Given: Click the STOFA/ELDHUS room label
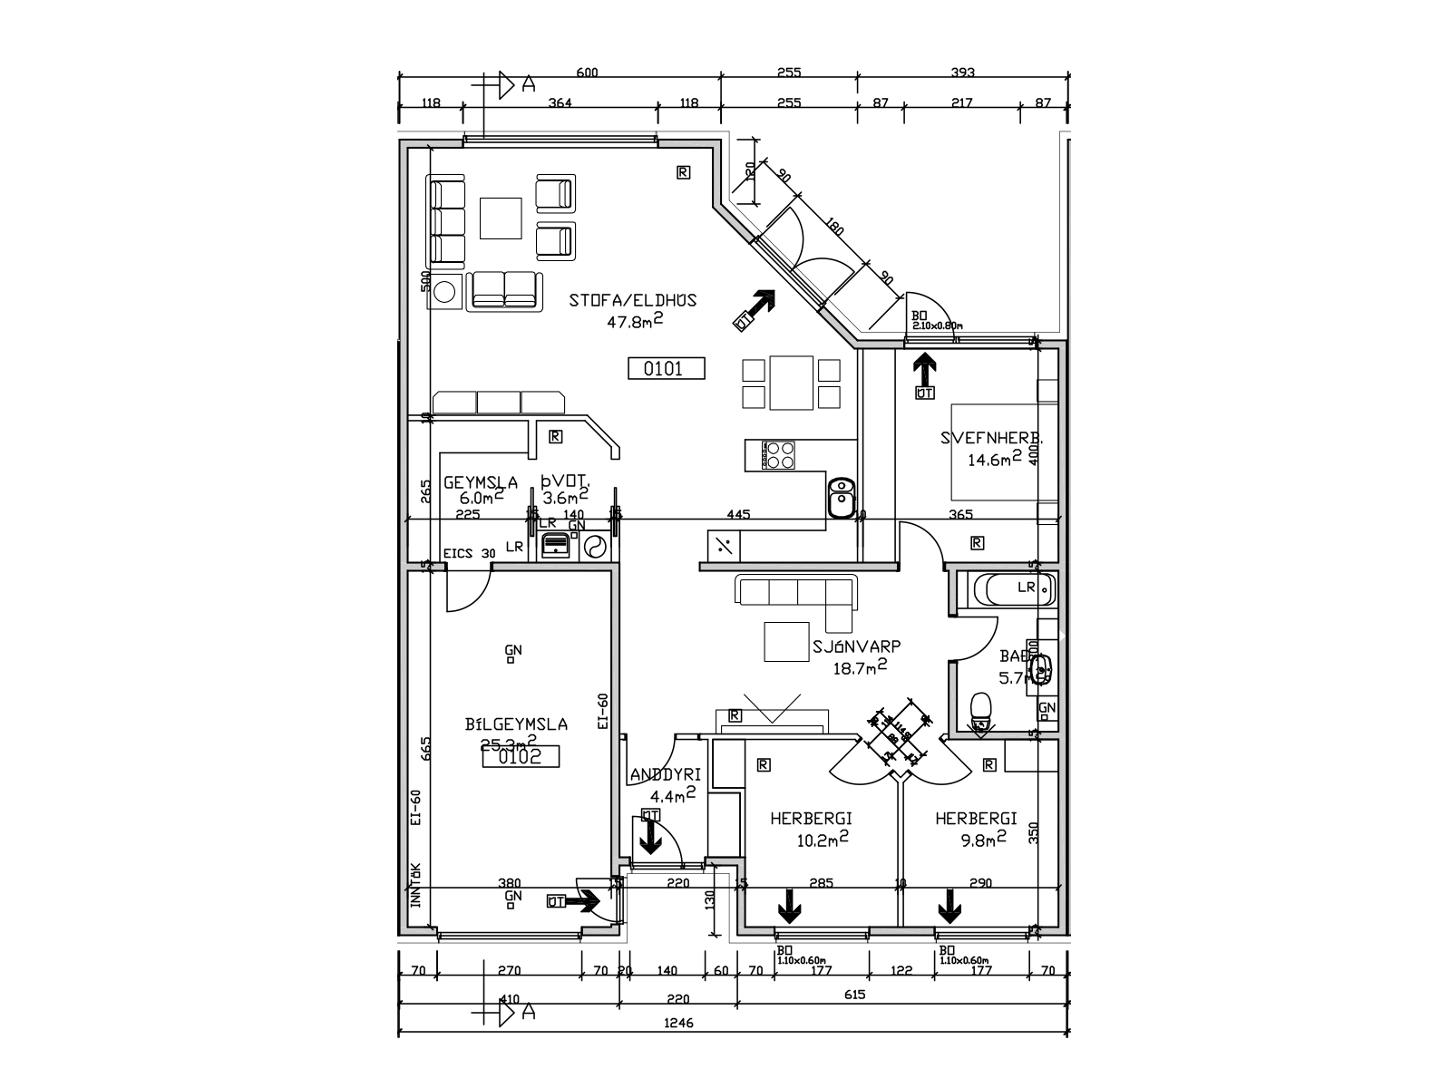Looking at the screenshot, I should click(x=632, y=300).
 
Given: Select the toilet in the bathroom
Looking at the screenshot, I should click(x=981, y=710).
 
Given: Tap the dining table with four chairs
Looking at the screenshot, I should click(x=792, y=384).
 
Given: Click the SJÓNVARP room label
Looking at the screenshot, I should click(x=856, y=647).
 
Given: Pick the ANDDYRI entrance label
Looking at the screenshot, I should click(x=665, y=775).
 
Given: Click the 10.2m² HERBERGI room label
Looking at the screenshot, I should click(x=811, y=819).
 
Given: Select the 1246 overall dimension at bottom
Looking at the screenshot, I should click(x=678, y=1022).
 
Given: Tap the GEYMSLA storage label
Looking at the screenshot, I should click(x=481, y=482).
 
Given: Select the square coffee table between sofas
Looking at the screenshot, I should click(x=501, y=218).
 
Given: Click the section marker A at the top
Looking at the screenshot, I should click(x=527, y=84).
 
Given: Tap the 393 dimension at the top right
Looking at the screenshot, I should click(x=962, y=73).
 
